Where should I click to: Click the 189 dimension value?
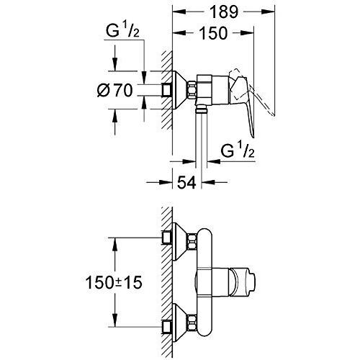(x=224, y=12)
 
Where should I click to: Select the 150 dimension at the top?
(x=213, y=33)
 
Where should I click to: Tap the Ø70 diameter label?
(x=115, y=91)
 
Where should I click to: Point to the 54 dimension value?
(x=186, y=182)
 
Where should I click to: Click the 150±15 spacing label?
(x=114, y=282)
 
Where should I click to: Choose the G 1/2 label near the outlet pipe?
(x=238, y=150)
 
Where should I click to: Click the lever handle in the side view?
(x=242, y=103)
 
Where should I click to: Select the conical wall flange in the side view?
(x=180, y=90)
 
